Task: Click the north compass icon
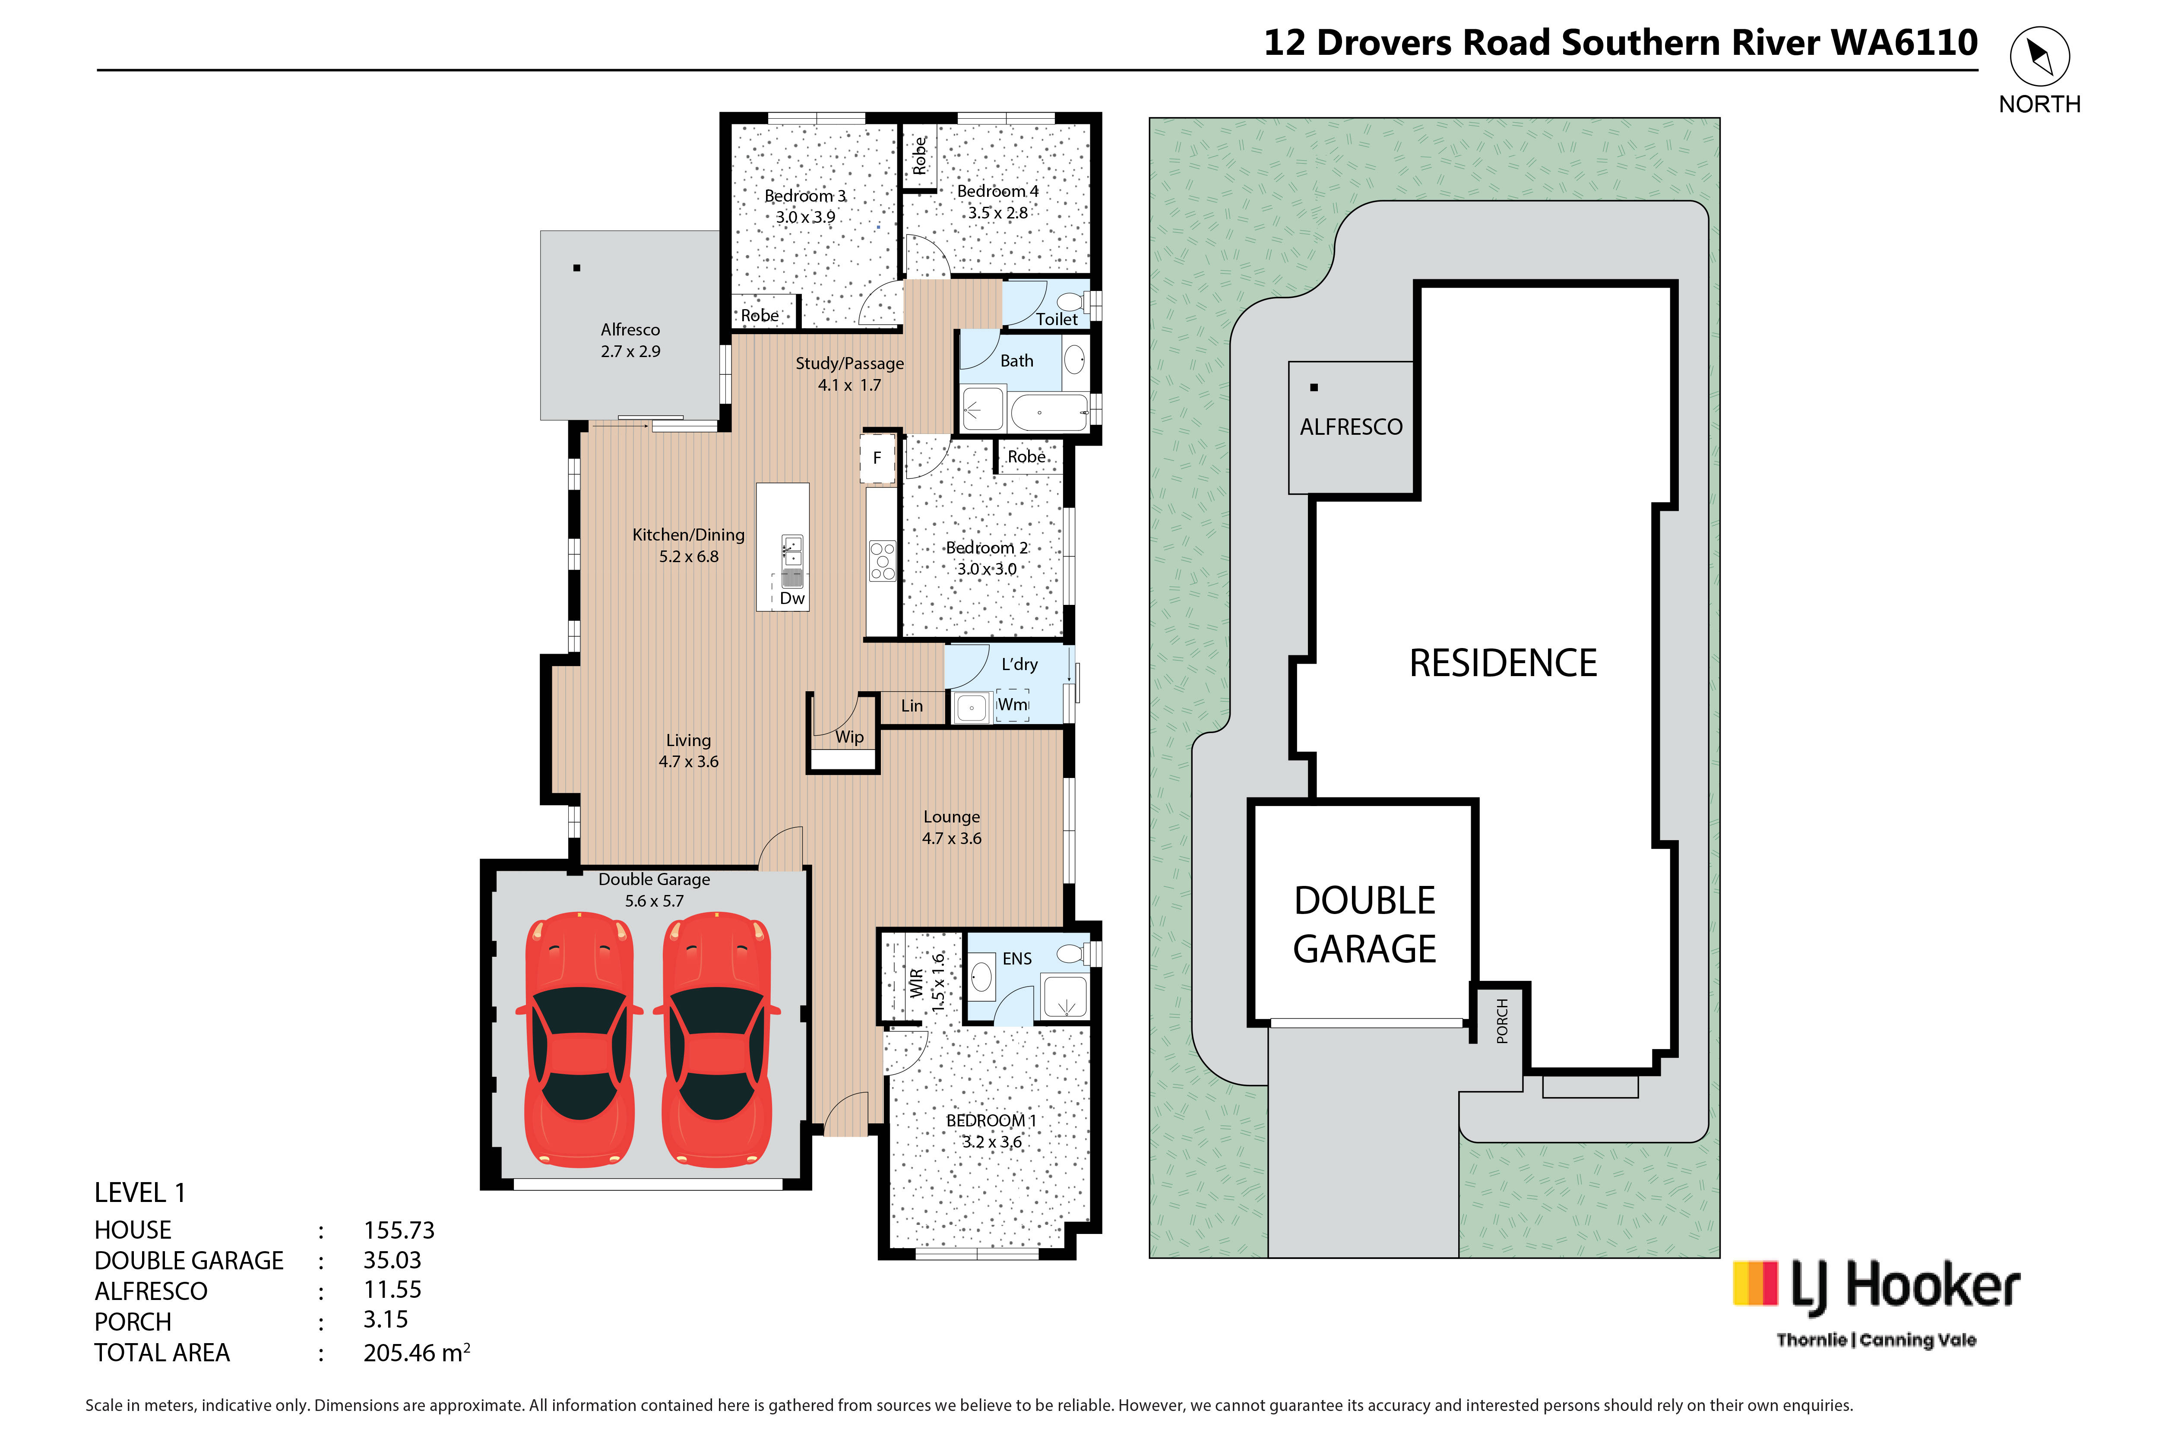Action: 2040,57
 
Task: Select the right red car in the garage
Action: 717,1040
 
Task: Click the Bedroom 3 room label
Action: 805,196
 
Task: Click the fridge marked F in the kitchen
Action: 877,458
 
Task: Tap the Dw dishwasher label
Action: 792,598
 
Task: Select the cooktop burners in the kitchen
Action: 882,561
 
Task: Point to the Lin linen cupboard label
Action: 912,706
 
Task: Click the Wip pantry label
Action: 849,737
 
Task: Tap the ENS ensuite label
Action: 1017,959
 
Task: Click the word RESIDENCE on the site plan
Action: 1503,663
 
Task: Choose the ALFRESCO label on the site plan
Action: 1351,427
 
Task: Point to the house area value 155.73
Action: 399,1230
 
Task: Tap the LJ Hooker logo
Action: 1876,1303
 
